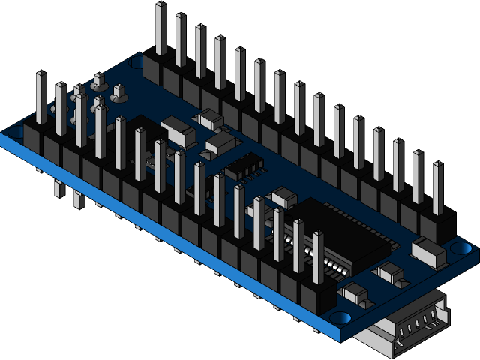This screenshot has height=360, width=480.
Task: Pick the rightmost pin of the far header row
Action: click(438, 191)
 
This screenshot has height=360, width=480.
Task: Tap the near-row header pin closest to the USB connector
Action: click(318, 262)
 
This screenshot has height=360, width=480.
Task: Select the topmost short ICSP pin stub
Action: click(98, 79)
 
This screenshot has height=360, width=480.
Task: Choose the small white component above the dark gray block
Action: click(208, 117)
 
